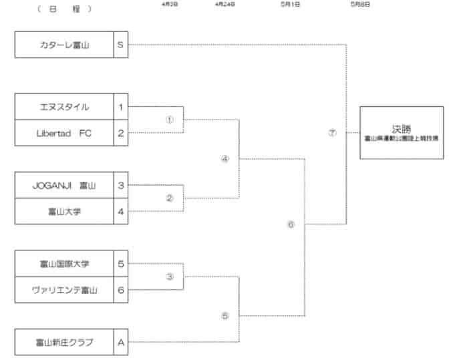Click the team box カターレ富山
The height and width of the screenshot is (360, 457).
(x=64, y=45)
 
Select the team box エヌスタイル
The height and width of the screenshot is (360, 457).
(x=64, y=107)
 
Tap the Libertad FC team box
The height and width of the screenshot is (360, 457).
(x=64, y=132)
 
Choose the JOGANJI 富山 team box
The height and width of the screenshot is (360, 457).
(x=64, y=185)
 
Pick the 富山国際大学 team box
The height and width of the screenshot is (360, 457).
(x=64, y=263)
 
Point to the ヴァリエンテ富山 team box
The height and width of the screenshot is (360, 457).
(x=64, y=289)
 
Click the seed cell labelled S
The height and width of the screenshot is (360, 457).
(x=120, y=45)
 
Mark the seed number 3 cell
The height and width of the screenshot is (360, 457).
(x=120, y=185)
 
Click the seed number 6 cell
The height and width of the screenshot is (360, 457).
(x=120, y=289)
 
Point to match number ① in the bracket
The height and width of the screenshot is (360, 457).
(x=169, y=120)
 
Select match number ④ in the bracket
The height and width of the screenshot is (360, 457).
(x=224, y=159)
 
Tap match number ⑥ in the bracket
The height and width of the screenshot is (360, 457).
(x=291, y=224)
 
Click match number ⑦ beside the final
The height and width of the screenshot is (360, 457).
(x=332, y=132)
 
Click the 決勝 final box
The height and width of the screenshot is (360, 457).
(x=402, y=132)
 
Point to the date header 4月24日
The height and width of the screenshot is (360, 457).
(x=224, y=4)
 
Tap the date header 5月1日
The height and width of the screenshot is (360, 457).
(x=291, y=4)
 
